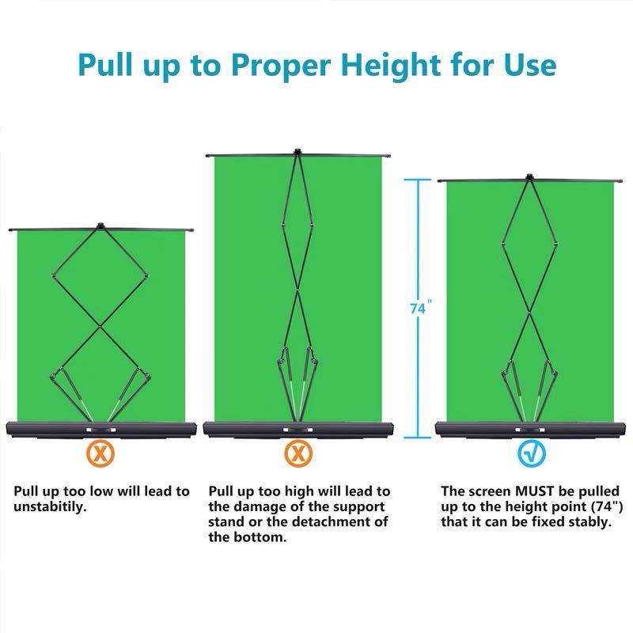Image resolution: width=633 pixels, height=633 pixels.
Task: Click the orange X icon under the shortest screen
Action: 100,453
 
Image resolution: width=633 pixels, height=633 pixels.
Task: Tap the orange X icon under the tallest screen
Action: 298,453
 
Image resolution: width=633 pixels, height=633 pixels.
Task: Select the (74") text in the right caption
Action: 592,507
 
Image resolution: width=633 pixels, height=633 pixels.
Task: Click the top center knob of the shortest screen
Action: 100,226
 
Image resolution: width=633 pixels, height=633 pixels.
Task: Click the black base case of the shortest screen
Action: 100,429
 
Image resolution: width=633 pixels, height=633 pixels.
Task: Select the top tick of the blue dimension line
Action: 419,180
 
